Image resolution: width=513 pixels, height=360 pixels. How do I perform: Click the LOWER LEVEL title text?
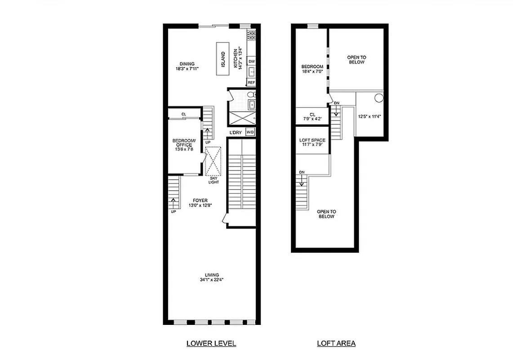coord(211,343)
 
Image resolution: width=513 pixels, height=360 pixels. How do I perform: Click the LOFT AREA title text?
coord(336,343)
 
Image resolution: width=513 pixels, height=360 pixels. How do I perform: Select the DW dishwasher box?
coord(251,61)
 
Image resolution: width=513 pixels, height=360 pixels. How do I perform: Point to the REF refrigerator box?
coord(251,83)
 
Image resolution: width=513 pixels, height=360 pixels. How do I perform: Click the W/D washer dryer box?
coord(250,132)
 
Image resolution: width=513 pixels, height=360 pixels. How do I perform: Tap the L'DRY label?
coord(236,132)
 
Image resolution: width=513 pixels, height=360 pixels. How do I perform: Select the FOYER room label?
coord(200,201)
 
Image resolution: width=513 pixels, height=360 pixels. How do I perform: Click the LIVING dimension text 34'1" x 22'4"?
coord(212,279)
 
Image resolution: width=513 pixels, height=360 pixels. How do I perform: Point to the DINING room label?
coord(187,64)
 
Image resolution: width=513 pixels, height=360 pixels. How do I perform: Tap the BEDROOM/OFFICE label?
coord(184,143)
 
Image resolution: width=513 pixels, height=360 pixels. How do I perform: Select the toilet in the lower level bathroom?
coord(252,95)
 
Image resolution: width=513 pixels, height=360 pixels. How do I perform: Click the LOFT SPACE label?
coord(312,140)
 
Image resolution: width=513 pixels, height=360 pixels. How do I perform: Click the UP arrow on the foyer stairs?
coord(174,202)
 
